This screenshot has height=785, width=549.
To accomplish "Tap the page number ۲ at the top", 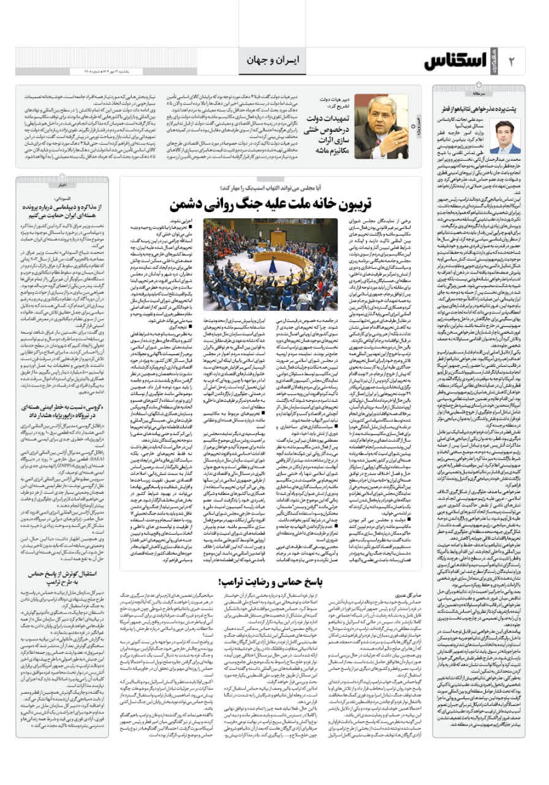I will [x=513, y=61].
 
